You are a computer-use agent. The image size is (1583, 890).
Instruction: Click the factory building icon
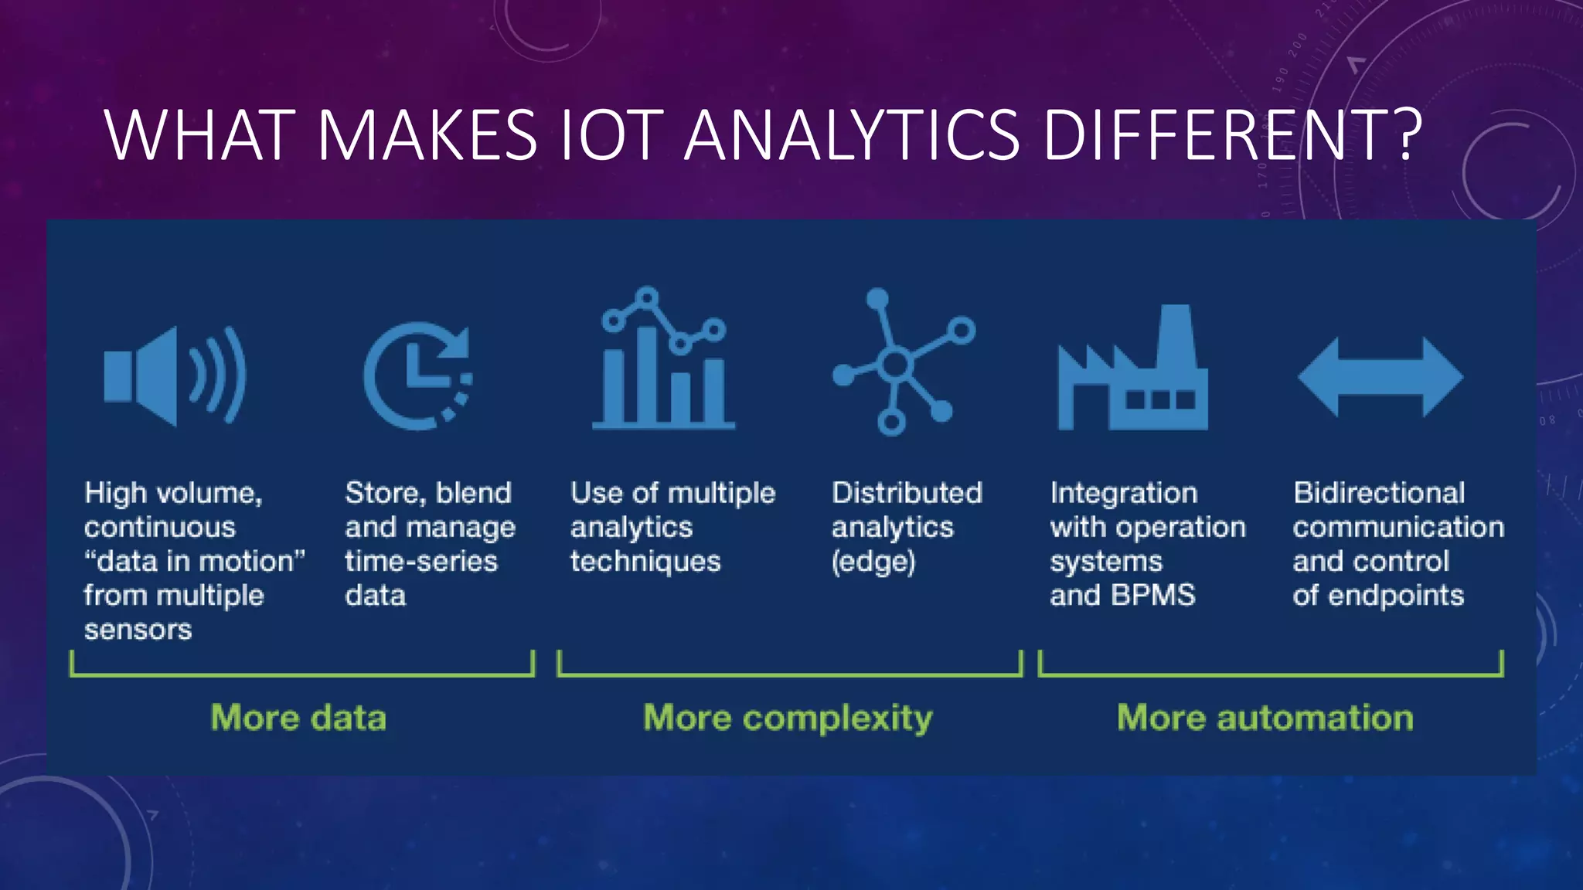tap(1132, 369)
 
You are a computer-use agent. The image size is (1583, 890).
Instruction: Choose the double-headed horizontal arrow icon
tap(1380, 377)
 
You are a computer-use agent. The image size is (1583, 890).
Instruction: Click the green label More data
tap(298, 718)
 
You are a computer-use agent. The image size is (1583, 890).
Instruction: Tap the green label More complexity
tap(788, 718)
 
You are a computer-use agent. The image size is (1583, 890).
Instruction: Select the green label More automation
tap(1265, 718)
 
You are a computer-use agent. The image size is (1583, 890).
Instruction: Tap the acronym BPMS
tap(1153, 595)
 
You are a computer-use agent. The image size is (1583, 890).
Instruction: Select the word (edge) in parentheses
tap(873, 562)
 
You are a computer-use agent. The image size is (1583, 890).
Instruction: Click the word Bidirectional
tap(1379, 493)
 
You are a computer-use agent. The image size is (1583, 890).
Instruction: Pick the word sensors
tap(138, 630)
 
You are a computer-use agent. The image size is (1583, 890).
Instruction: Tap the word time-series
tap(421, 562)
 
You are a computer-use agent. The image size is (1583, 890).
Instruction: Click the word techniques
tap(645, 562)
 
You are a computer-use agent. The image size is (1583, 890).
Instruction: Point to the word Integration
tap(1123, 493)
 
